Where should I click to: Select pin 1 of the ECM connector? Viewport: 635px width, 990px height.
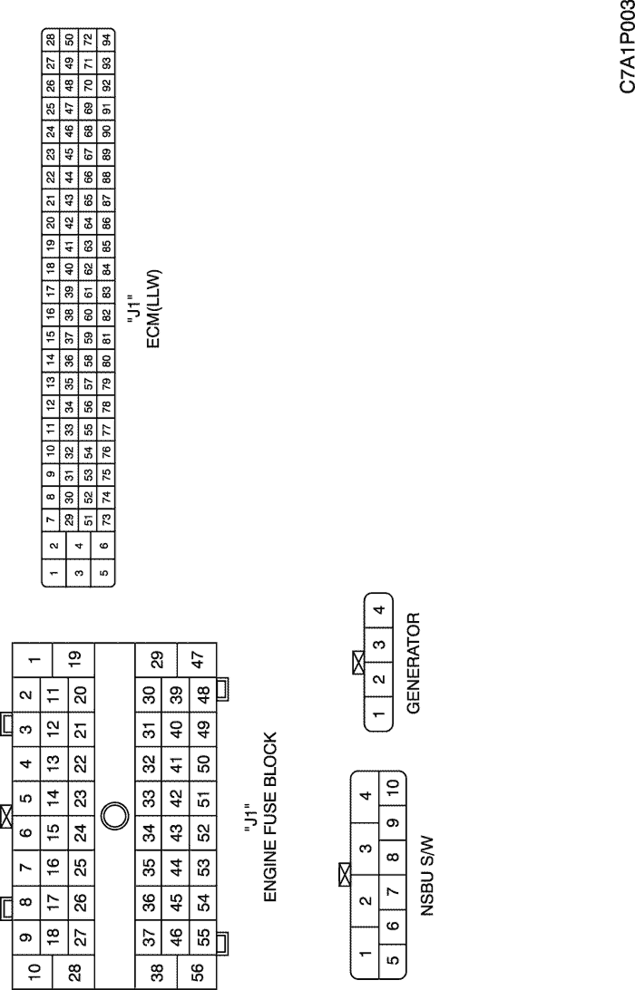click(x=54, y=573)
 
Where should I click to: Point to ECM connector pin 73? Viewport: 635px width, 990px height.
click(x=106, y=519)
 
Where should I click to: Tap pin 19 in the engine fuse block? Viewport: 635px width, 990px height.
click(x=73, y=659)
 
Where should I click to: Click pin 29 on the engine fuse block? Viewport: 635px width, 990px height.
click(x=156, y=659)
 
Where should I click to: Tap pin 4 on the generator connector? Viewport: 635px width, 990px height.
click(x=378, y=610)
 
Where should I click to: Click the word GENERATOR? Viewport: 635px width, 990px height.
click(x=414, y=663)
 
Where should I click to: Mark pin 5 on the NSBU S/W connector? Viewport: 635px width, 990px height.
click(x=393, y=959)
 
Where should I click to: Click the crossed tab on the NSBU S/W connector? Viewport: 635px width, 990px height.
click(x=345, y=875)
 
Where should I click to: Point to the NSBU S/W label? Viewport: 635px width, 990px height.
click(x=428, y=876)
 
